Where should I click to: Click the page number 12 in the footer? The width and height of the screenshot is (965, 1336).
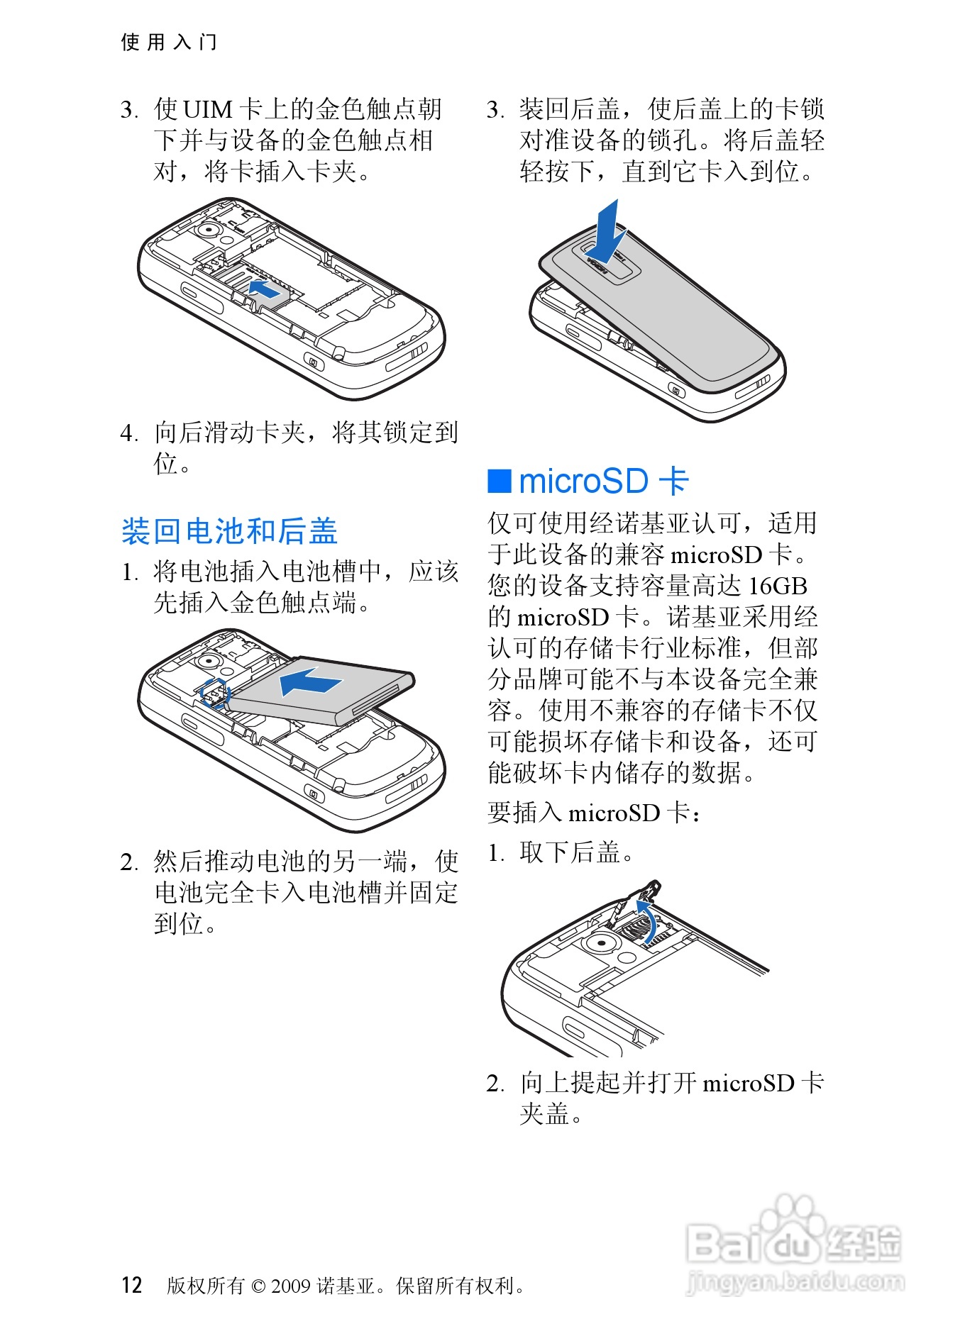pyautogui.click(x=132, y=1285)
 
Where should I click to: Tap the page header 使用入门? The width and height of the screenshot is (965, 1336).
pyautogui.click(x=169, y=42)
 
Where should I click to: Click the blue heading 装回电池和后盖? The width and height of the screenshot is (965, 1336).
pyautogui.click(x=229, y=531)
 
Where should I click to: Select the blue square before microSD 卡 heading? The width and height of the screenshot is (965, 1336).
pyautogui.click(x=500, y=481)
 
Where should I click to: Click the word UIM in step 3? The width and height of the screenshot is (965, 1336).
pyautogui.click(x=208, y=109)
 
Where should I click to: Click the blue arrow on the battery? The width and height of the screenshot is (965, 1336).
pyautogui.click(x=310, y=681)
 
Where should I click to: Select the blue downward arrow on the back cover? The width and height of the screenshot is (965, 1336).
pyautogui.click(x=605, y=235)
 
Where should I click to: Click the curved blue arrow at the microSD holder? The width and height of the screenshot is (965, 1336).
pyautogui.click(x=648, y=920)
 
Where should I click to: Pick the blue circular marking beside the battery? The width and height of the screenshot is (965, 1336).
pyautogui.click(x=215, y=694)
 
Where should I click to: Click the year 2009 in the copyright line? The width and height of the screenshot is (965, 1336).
pyautogui.click(x=290, y=1286)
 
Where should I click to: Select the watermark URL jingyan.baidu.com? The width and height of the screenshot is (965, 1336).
pyautogui.click(x=795, y=1282)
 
